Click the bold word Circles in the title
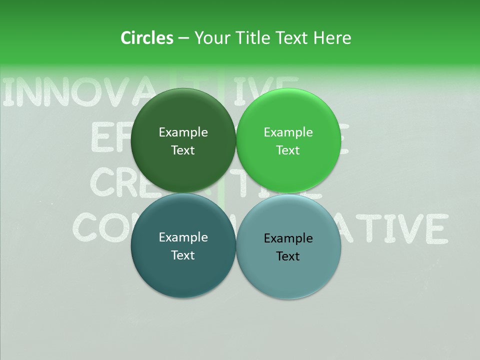tap(147, 38)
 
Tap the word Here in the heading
tap(332, 38)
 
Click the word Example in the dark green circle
tap(183, 132)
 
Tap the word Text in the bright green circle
tap(288, 150)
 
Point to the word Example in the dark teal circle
tap(183, 237)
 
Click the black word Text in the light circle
tap(288, 256)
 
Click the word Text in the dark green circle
tap(183, 150)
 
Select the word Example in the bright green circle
tap(288, 132)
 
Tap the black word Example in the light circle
tap(288, 238)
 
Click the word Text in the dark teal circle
tap(183, 255)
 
